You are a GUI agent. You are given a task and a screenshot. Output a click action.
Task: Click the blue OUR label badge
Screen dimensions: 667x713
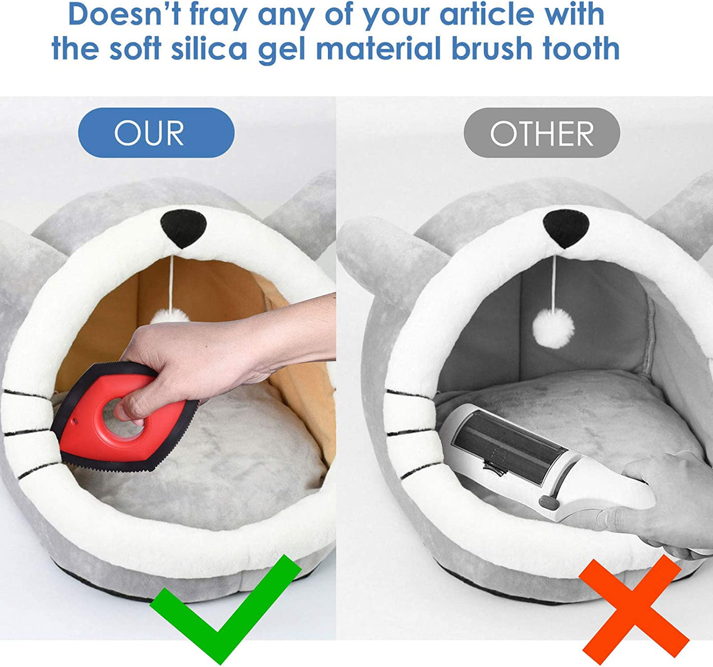[x=156, y=133]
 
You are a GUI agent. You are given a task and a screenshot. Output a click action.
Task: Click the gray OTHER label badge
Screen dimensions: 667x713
[x=541, y=133]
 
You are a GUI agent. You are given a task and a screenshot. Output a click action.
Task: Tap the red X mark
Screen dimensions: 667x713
[x=634, y=609]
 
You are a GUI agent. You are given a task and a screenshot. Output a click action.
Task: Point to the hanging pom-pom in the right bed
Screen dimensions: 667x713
[x=553, y=327]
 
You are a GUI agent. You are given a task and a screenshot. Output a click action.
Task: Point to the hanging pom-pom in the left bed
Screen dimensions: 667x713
[x=170, y=316]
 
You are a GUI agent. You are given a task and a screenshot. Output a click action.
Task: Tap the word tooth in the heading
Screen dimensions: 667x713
[x=581, y=49]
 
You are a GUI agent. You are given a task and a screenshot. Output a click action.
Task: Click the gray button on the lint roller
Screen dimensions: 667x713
[x=548, y=502]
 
